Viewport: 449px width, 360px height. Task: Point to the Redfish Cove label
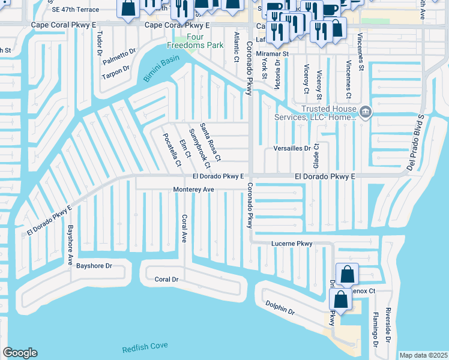[145, 347]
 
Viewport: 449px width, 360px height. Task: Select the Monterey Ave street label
[194, 190]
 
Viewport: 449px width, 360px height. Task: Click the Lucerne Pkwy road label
[292, 244]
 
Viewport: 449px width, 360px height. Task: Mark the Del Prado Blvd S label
[414, 142]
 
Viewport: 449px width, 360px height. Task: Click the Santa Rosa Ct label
[211, 142]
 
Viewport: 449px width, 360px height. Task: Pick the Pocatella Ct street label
[172, 149]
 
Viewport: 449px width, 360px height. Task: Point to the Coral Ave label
[185, 229]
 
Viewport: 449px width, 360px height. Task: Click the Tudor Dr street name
[100, 43]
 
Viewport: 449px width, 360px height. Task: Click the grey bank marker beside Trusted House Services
[365, 112]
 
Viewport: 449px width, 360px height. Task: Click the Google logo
[20, 353]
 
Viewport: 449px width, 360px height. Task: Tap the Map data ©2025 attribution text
[423, 355]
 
